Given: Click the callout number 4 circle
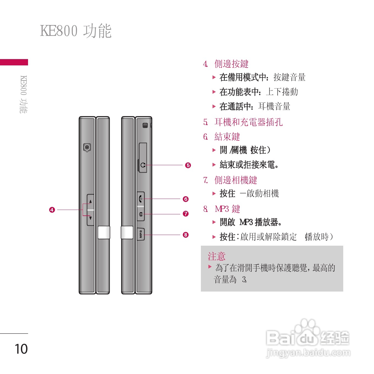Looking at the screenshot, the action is point(52,210).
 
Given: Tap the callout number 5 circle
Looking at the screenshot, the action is point(188,165).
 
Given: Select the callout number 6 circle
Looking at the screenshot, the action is point(186,199).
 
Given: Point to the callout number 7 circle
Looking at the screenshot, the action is point(186,214).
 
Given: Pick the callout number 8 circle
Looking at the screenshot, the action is point(186,235).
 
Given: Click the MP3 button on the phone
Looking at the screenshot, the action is point(141,234).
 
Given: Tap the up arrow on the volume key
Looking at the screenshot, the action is point(90,202).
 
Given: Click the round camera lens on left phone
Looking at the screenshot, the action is point(87,147).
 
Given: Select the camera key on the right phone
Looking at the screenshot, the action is point(141,214).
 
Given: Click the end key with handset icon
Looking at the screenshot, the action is point(141,198).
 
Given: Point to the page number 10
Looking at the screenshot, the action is point(21,349).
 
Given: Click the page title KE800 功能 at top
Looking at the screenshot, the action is point(76,31).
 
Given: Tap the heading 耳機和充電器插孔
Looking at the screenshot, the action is point(248,122).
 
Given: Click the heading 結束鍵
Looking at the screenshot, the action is point(227,137).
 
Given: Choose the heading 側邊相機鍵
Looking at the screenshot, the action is point(236,180).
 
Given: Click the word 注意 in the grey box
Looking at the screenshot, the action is point(217,256).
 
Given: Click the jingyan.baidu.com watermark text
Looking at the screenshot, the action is point(308,353).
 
